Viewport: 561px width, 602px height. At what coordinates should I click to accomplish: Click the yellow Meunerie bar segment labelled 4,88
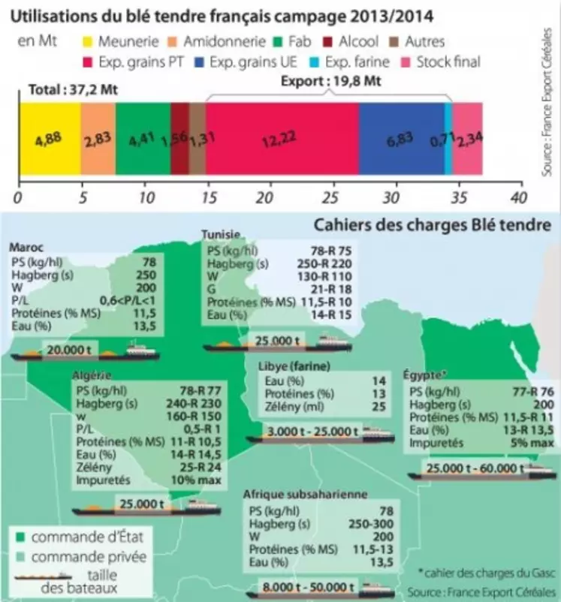tap(48, 139)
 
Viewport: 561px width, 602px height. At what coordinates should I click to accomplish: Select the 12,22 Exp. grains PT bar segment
tap(282, 139)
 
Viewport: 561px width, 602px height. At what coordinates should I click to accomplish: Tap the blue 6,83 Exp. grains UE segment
tap(401, 139)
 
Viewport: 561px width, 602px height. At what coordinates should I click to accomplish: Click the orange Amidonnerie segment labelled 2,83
tap(98, 139)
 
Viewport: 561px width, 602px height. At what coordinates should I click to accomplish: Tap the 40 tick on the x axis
tap(516, 197)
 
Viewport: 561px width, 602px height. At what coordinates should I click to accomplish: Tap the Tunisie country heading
tap(221, 235)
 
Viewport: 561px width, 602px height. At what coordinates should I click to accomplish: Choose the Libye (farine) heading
tap(288, 366)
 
